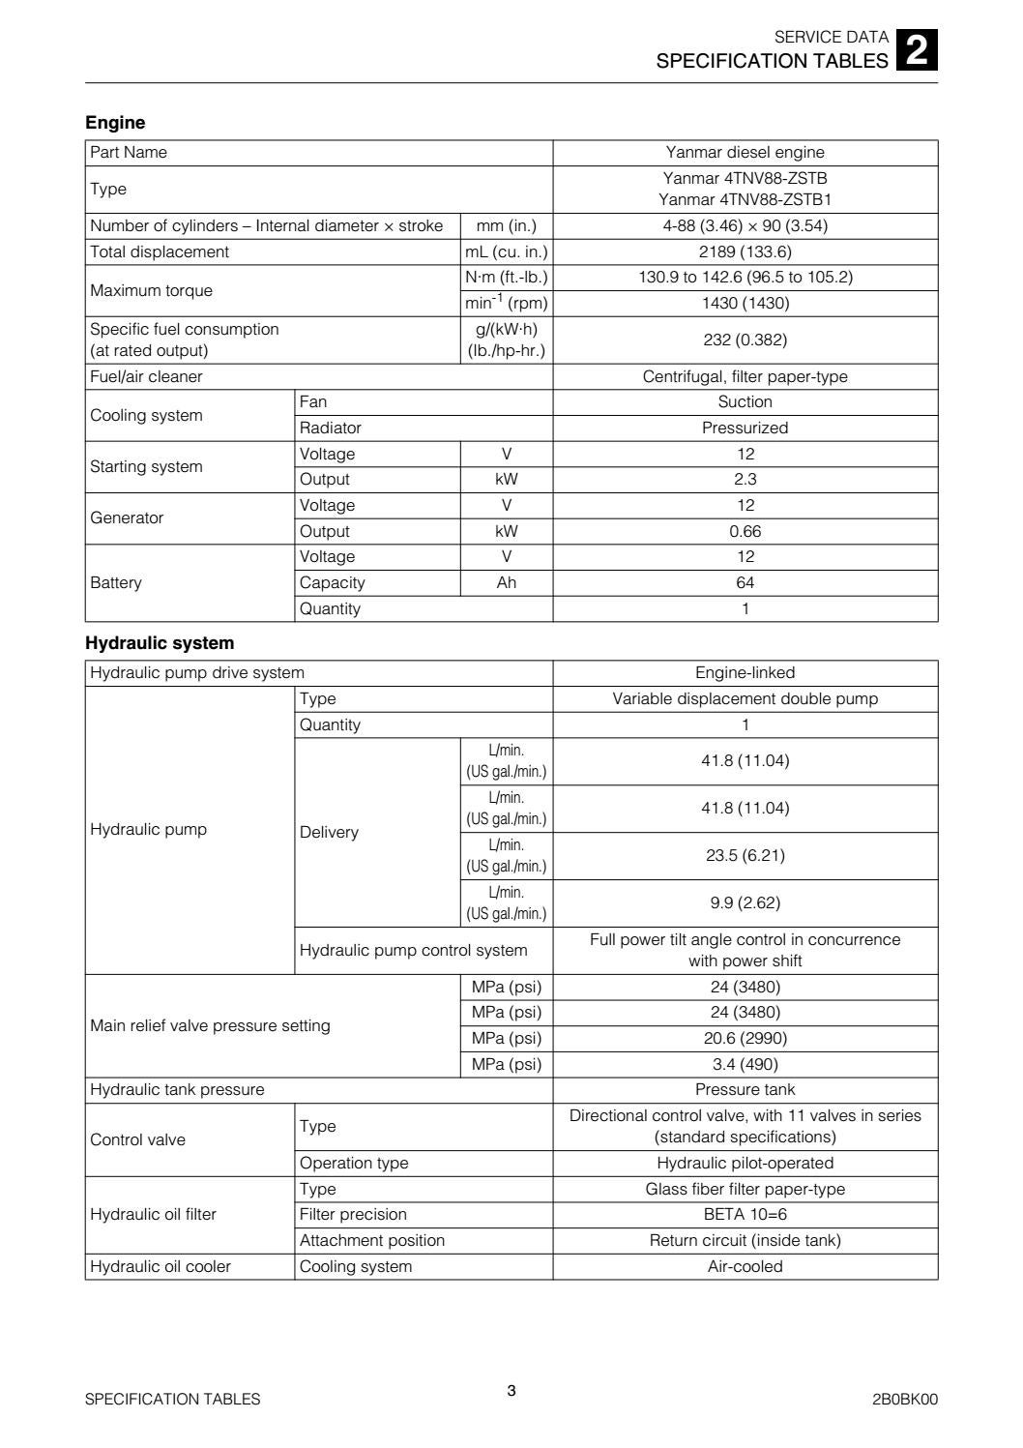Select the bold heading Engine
pos(115,123)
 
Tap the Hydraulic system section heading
pos(160,643)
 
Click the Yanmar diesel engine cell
pos(745,153)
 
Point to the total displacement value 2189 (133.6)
pos(745,252)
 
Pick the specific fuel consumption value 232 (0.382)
pos(745,340)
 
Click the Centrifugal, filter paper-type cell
pos(745,377)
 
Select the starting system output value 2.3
pos(745,480)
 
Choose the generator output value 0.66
pos(745,532)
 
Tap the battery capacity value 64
pos(745,583)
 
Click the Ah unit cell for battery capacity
pos(507,583)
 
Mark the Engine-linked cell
pos(745,673)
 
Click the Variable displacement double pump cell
pos(745,699)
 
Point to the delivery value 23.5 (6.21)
pos(745,856)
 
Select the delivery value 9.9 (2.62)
pos(745,903)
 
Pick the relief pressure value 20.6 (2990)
pos(745,1039)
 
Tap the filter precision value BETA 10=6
pos(745,1215)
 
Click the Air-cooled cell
pos(745,1267)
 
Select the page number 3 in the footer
pos(511,1391)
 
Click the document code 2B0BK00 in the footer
pos(904,1400)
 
